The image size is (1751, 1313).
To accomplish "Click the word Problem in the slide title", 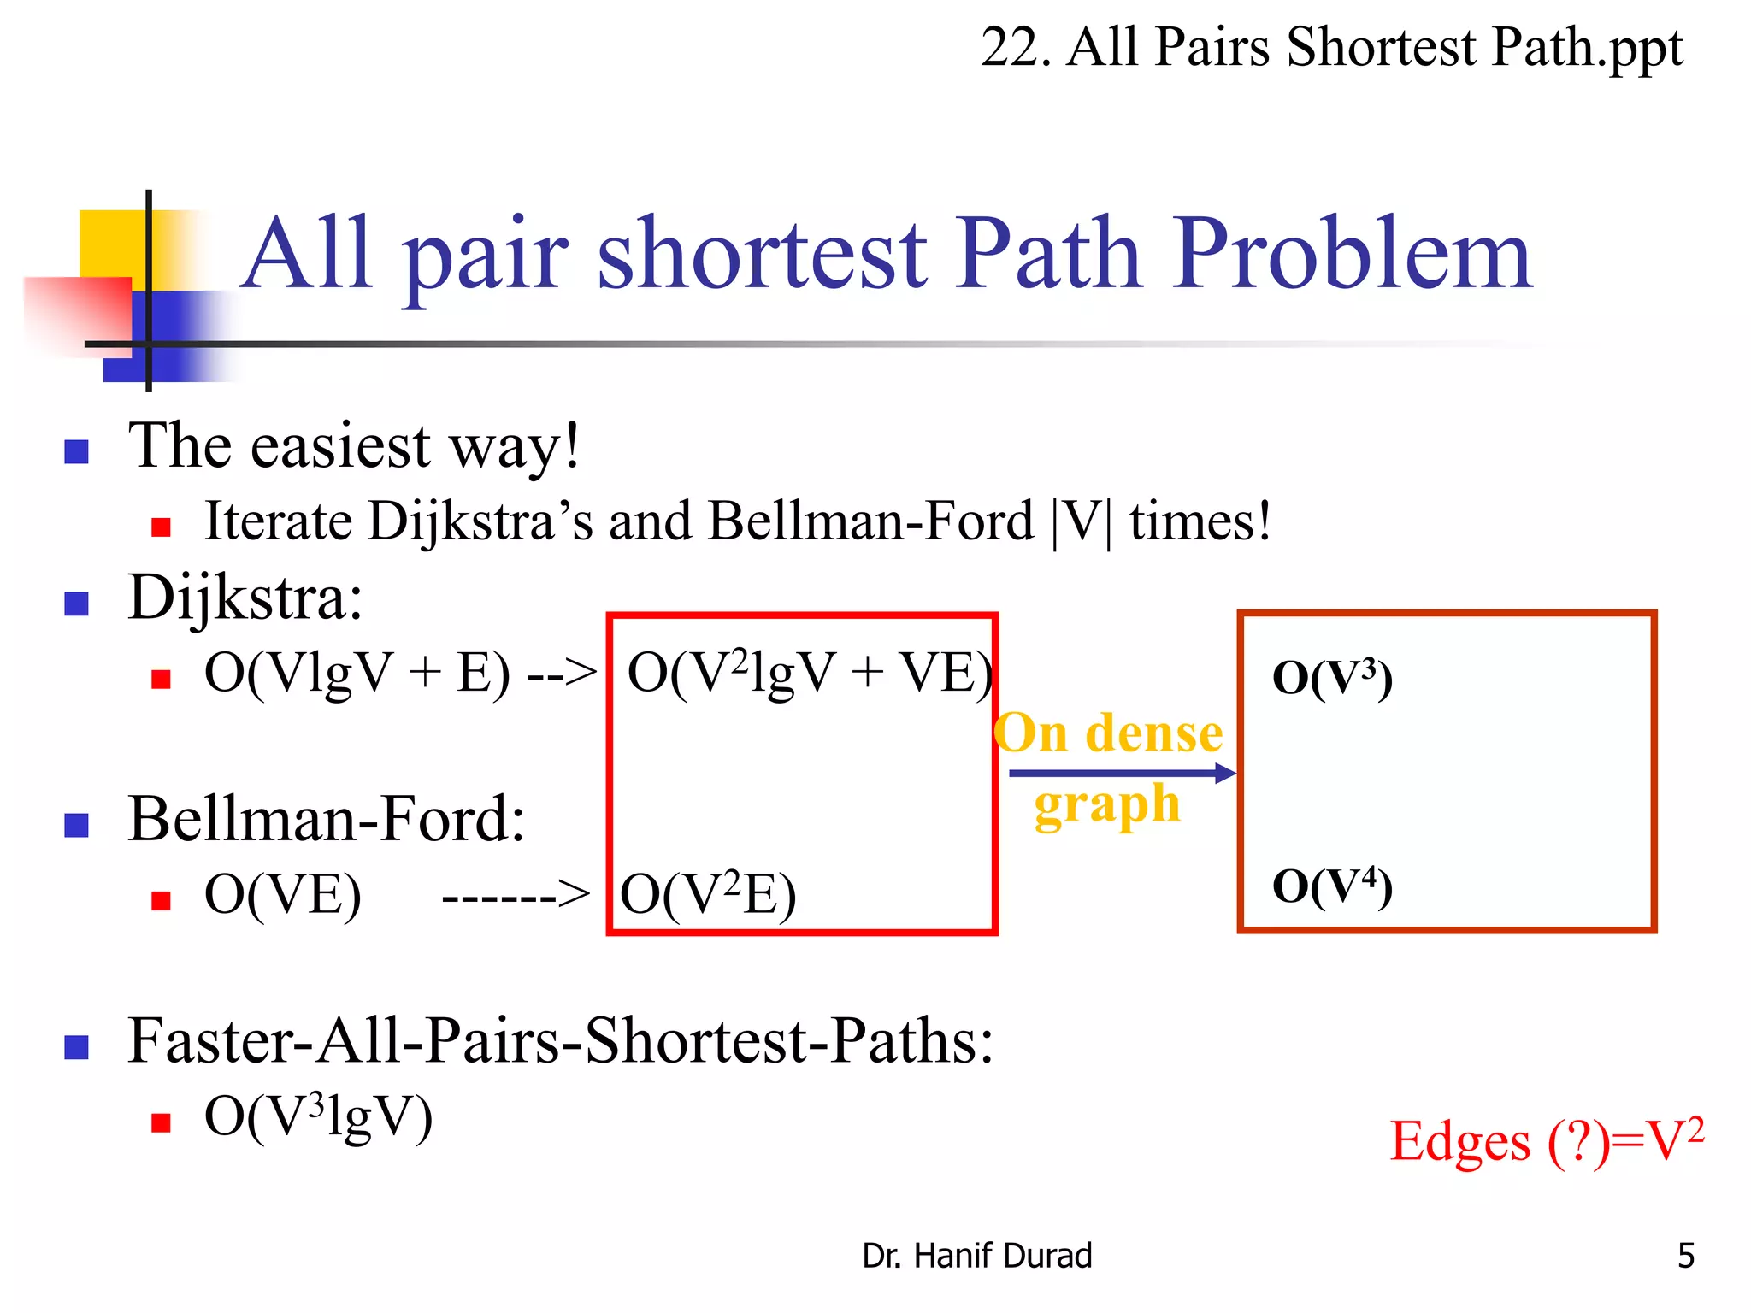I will (1351, 255).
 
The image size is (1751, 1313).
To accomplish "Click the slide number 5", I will (1685, 1256).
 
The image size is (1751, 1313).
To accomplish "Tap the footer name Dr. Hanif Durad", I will (976, 1256).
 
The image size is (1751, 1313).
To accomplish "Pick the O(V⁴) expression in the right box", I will (1332, 886).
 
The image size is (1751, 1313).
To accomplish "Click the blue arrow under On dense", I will (1120, 774).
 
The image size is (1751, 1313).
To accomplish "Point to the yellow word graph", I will (1107, 805).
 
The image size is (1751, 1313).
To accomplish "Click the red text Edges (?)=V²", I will (1547, 1141).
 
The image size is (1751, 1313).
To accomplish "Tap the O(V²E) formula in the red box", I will (708, 895).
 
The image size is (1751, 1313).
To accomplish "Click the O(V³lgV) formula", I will (318, 1116).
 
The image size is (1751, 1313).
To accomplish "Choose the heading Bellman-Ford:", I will (326, 820).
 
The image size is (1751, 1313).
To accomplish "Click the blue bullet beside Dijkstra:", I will (77, 604).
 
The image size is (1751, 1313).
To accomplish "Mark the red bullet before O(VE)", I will (161, 901).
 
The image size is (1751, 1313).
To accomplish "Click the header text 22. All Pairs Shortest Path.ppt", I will (1330, 47).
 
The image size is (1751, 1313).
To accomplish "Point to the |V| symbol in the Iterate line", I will (1081, 522).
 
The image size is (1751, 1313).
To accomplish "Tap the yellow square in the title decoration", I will (111, 244).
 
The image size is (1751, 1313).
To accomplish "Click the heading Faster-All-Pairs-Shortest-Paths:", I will (560, 1042).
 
